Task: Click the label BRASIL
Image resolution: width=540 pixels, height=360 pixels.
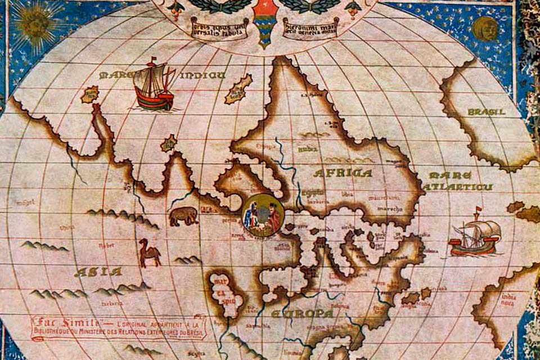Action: (x=486, y=112)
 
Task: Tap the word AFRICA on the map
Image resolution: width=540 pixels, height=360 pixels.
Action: (x=343, y=173)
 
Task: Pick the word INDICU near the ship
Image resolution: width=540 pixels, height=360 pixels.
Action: (x=202, y=75)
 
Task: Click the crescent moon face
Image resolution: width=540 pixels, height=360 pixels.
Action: (x=485, y=28)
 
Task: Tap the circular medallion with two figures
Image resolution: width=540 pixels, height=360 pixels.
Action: (x=263, y=214)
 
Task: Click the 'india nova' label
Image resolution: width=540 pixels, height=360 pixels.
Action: (x=508, y=300)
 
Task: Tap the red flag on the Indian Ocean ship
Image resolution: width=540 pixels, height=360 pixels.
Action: (x=153, y=59)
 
